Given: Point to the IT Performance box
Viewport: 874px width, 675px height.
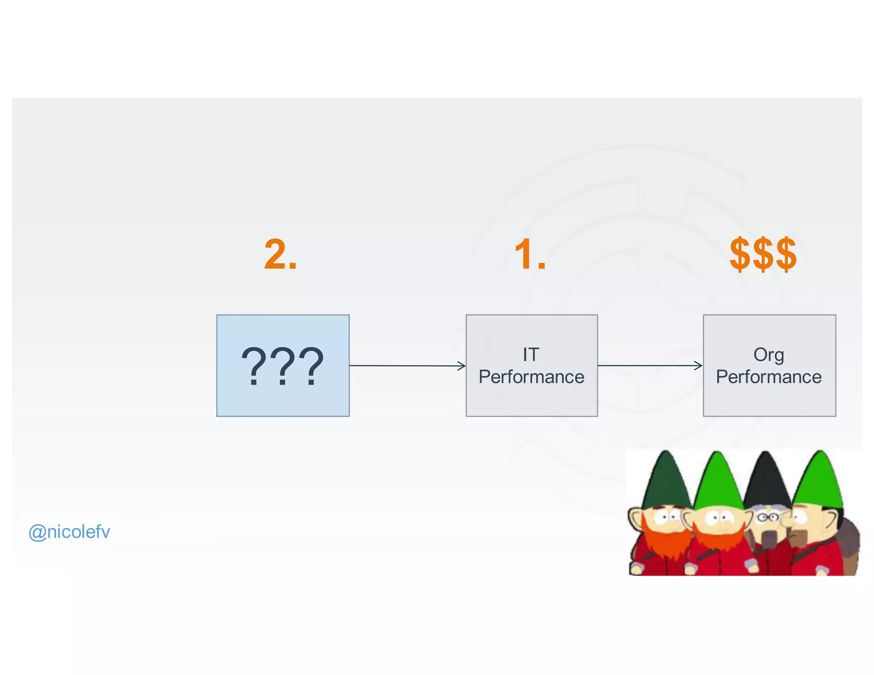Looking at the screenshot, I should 531,401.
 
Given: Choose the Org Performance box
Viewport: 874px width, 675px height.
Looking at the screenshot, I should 769,401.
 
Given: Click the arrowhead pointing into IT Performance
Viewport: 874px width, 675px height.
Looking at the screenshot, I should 462,366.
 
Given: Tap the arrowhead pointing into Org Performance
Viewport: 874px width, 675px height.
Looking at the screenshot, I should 699,366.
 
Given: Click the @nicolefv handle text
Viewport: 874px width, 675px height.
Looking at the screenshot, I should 69,532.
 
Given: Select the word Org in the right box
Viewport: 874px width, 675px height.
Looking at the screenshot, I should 769,355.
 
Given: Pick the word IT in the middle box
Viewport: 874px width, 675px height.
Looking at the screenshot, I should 531,355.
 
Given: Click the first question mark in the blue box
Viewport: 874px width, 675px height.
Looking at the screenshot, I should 255,366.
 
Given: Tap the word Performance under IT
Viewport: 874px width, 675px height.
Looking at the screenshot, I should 531,377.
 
